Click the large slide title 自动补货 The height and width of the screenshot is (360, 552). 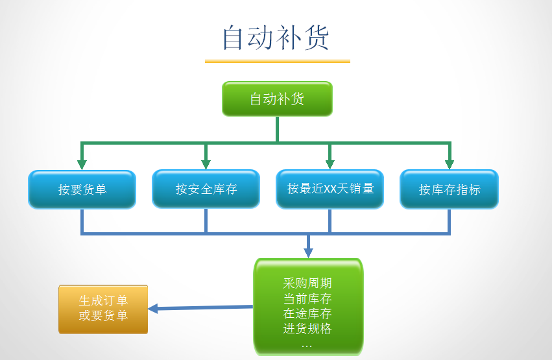276,38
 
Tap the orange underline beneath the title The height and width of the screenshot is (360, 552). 277,61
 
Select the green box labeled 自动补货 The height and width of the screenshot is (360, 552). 277,99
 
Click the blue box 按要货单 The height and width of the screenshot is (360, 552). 82,189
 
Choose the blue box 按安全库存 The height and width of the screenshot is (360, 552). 206,189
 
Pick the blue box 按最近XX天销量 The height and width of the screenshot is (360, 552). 330,189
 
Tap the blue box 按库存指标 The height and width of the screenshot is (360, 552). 449,189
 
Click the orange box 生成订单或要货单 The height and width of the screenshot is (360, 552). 103,309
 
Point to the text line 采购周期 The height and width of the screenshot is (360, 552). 307,283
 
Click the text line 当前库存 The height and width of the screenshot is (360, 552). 307,299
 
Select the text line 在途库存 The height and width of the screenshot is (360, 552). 307,314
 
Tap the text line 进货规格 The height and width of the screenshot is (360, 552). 307,329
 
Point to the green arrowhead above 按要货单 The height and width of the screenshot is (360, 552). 82,164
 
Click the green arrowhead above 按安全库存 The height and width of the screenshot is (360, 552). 206,164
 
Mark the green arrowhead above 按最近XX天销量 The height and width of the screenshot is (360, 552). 330,164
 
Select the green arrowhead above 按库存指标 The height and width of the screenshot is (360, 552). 449,164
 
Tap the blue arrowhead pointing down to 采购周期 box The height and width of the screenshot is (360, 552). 308,252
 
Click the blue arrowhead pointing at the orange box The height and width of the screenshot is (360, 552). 153,309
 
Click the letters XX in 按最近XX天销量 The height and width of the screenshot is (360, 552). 331,189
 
